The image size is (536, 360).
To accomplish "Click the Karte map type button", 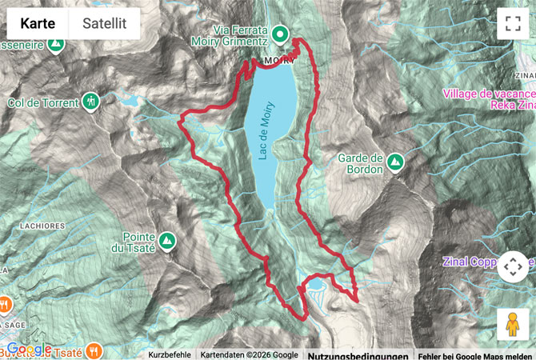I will [x=38, y=24].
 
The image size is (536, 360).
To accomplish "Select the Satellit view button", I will [x=104, y=24].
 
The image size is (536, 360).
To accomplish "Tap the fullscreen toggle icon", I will [x=512, y=24].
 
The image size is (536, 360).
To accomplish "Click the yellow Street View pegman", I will [x=512, y=324].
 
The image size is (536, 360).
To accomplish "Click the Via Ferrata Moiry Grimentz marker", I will [x=280, y=34].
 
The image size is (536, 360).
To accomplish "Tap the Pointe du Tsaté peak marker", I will [x=166, y=240].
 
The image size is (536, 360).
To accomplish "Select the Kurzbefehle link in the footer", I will [x=170, y=354].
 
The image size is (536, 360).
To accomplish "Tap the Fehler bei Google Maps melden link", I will [x=475, y=354].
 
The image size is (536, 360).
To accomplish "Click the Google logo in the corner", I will [x=30, y=349].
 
